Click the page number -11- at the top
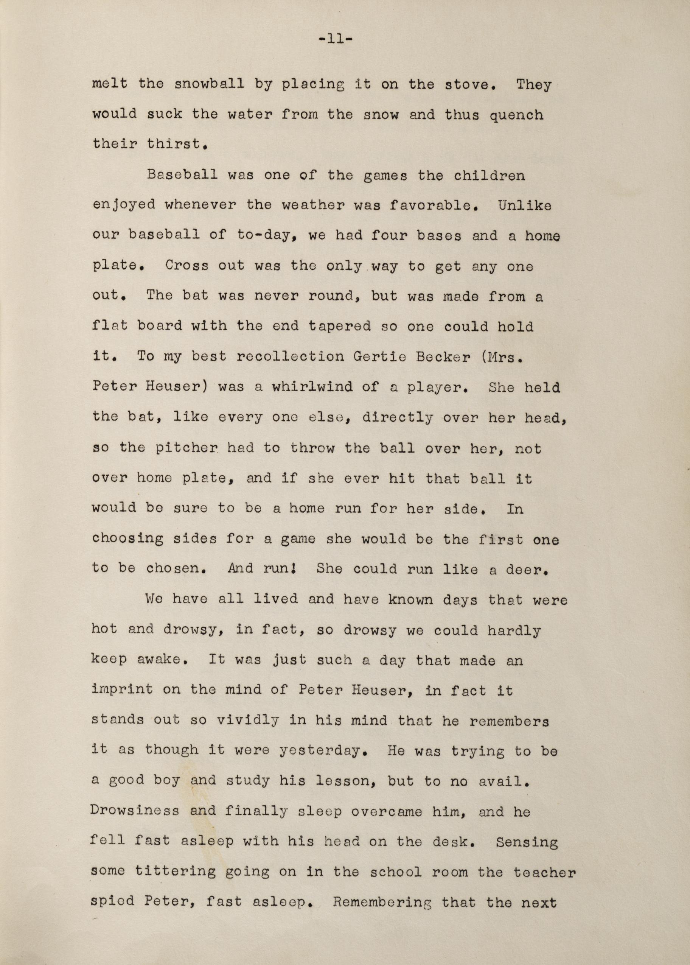[x=335, y=40]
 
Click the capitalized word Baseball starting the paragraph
[x=182, y=175]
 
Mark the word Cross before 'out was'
[x=187, y=266]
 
